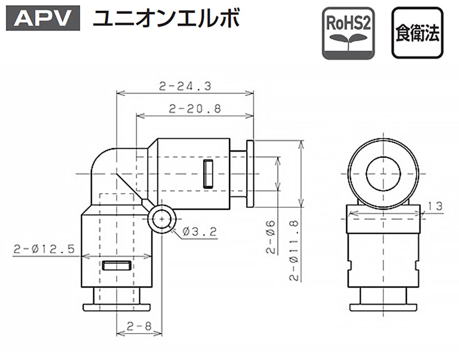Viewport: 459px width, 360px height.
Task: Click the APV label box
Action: pos(43,18)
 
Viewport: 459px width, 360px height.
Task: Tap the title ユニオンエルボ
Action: pos(166,18)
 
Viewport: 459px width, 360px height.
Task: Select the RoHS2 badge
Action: pos(348,33)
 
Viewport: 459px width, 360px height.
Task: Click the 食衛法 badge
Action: pos(418,33)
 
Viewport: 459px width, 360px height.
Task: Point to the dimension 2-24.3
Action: pos(185,86)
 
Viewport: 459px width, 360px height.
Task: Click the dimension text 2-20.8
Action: pos(195,109)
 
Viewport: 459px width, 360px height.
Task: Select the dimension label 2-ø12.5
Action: pos(44,249)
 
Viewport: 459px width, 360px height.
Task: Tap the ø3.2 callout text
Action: pos(200,232)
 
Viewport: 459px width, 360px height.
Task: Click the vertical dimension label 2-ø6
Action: pos(271,237)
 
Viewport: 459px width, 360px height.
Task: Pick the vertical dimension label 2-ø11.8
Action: pos(294,250)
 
